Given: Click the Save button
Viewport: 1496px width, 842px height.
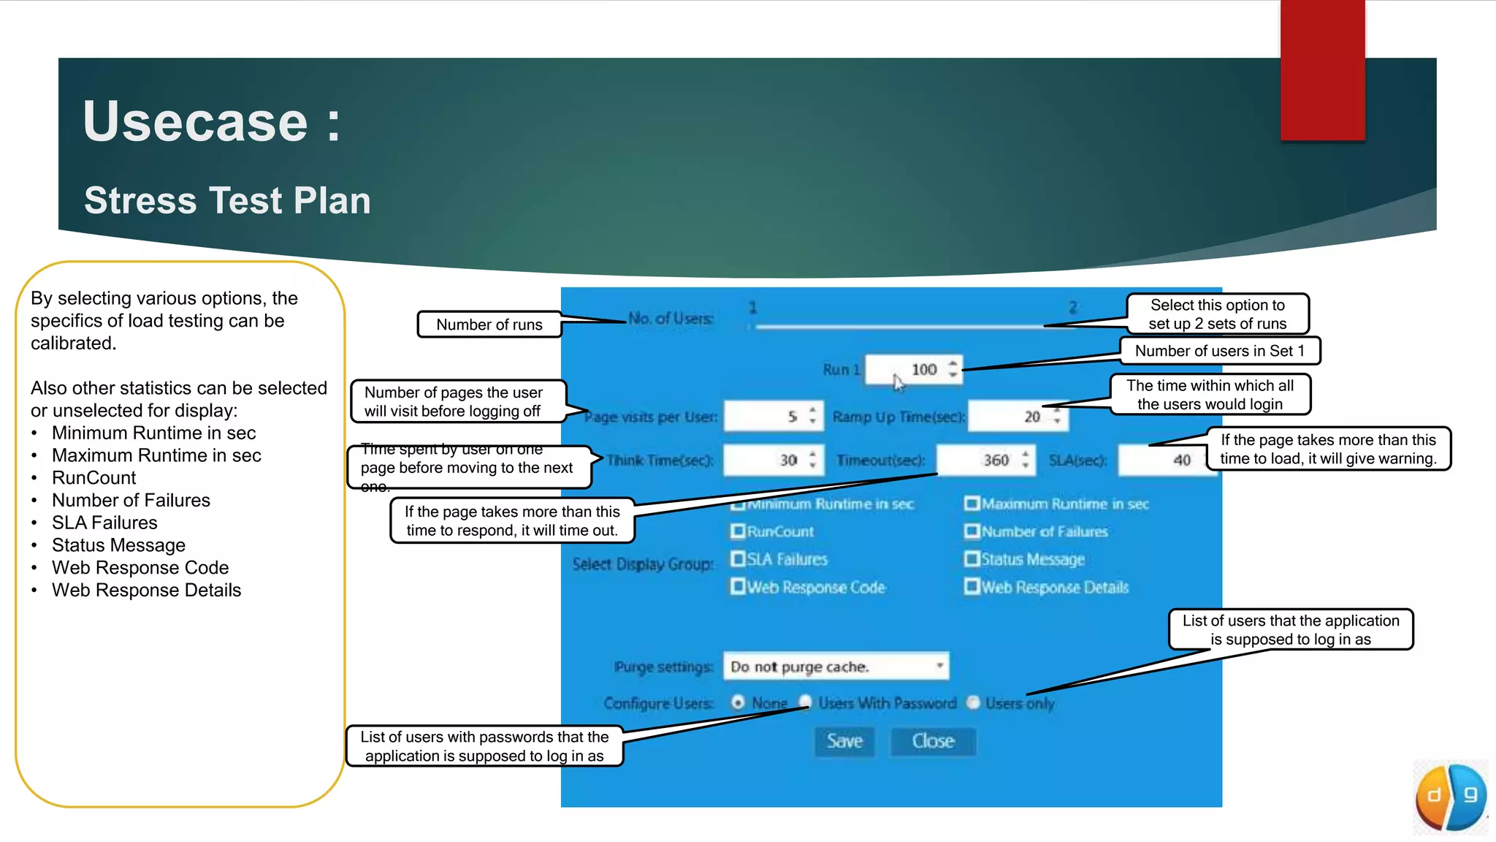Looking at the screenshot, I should [x=844, y=741].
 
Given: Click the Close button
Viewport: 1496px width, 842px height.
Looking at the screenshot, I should [x=933, y=741].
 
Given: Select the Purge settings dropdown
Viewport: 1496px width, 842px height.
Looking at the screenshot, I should [x=836, y=667].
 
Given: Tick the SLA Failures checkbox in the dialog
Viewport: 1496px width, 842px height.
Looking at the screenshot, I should [x=738, y=559].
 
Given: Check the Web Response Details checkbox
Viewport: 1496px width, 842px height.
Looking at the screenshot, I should [x=972, y=587].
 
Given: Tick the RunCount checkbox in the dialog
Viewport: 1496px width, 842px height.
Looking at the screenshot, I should [x=738, y=531].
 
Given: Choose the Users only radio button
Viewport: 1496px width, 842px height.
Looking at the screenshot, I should [x=973, y=703].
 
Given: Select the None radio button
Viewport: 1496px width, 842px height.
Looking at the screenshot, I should [x=738, y=703].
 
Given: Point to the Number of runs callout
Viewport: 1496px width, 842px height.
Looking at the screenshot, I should [x=489, y=325].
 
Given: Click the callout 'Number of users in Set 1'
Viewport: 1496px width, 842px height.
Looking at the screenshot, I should [x=1219, y=351].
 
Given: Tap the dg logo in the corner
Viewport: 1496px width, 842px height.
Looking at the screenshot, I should [x=1451, y=797].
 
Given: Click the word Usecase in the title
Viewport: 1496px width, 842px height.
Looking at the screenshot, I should [x=196, y=121].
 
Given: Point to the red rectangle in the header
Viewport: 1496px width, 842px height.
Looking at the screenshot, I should [x=1322, y=70].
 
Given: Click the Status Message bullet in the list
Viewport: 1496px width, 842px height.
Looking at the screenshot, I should [x=118, y=545].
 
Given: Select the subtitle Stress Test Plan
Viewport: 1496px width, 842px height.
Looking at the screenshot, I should [x=227, y=200].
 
